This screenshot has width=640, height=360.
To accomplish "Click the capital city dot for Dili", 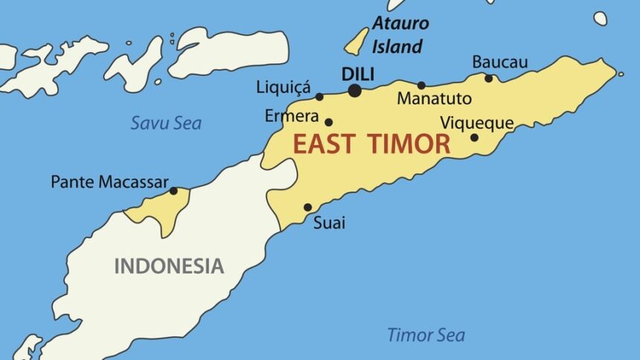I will (354, 91).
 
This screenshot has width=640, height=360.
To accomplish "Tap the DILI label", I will (357, 74).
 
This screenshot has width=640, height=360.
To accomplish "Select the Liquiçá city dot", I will (319, 97).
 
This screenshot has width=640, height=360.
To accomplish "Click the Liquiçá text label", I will (283, 88).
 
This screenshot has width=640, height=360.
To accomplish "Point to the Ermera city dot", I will (328, 122).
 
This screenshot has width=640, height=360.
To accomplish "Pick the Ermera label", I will (292, 117).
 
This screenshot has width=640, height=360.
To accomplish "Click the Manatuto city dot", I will (421, 86).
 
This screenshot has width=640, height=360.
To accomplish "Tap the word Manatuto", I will (434, 98).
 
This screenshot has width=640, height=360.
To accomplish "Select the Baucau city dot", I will (489, 78).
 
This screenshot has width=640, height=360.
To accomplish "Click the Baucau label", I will (500, 62).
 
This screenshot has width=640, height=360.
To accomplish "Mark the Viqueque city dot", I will (474, 137).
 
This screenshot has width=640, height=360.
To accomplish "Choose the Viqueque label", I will (477, 122).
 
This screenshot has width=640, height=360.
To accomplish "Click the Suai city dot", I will (307, 208).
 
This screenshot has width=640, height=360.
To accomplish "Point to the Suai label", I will (329, 222).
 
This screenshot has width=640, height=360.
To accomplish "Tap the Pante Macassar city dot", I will (173, 191).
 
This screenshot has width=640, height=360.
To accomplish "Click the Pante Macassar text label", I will (109, 181).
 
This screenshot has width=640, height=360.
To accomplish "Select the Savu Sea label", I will (166, 123).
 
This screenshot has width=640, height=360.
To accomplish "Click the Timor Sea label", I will (426, 335).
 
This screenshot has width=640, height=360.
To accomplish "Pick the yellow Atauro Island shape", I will (356, 42).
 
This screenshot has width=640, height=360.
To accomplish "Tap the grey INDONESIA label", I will (169, 266).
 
